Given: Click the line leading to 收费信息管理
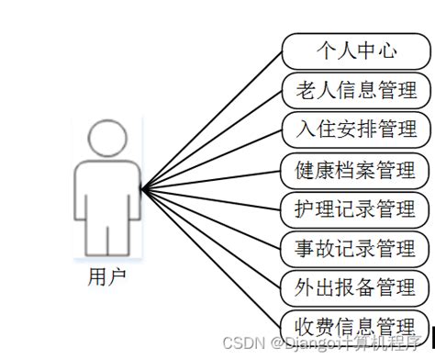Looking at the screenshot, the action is (211, 256).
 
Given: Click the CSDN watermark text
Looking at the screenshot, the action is (265, 343).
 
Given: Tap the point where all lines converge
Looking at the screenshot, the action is (142, 189).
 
